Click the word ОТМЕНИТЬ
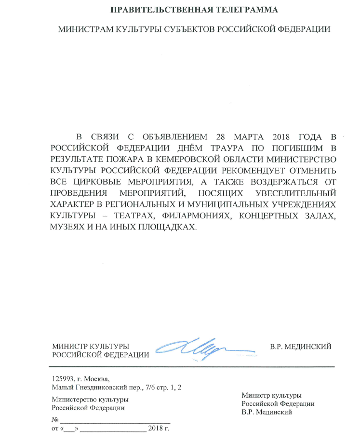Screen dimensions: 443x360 313,170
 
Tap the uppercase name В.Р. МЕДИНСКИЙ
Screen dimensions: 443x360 301,346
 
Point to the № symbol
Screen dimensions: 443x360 54,419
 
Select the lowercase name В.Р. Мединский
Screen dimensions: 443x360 268,412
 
